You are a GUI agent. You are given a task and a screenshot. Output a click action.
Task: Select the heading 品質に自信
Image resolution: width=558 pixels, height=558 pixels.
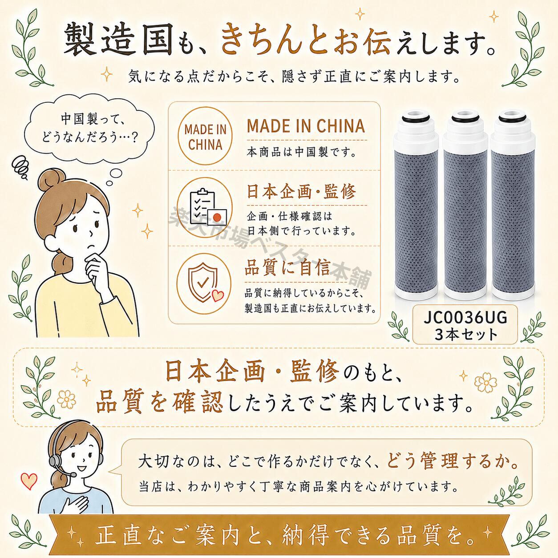point(287,267)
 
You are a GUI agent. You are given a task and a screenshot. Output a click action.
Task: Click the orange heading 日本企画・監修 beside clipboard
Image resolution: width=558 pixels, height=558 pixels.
point(301,191)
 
